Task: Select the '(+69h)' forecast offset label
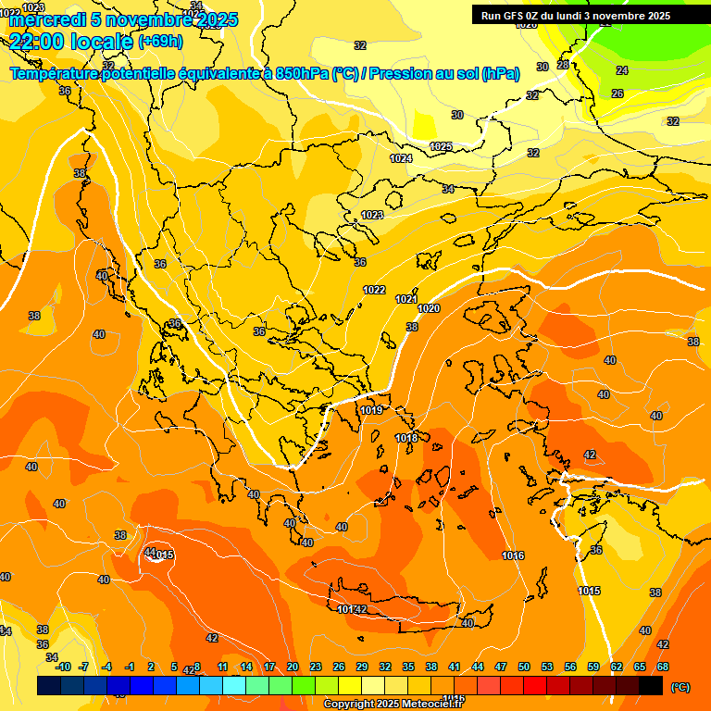click(160, 41)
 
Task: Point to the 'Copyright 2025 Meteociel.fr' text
click(393, 704)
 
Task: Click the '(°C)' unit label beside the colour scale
click(680, 686)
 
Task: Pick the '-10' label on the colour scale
click(63, 667)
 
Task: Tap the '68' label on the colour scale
click(663, 667)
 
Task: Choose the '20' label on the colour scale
click(293, 667)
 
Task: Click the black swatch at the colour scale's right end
click(651, 685)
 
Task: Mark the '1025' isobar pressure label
click(441, 147)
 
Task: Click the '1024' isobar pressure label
click(401, 159)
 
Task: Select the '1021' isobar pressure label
click(406, 299)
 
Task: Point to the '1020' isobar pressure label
click(429, 308)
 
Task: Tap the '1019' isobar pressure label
click(372, 410)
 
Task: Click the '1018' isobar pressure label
click(406, 438)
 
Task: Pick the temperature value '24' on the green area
click(622, 70)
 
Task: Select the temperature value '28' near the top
click(563, 65)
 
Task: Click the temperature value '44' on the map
click(150, 553)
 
